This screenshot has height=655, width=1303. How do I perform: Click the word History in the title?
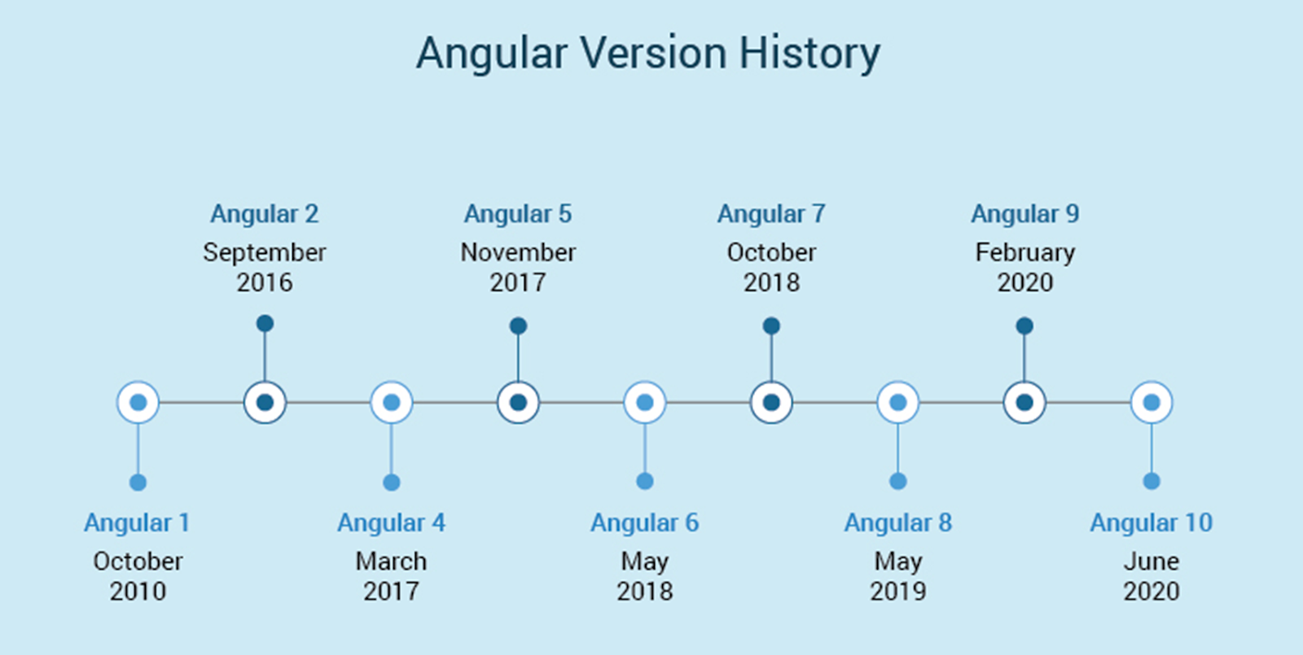pos(809,54)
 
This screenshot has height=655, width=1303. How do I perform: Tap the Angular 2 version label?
pos(265,215)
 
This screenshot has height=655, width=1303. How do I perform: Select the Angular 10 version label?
pos(1152,522)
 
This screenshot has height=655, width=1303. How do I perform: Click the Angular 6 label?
pos(644,522)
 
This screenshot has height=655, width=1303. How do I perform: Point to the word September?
pos(265,253)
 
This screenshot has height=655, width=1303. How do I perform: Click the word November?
pos(518,253)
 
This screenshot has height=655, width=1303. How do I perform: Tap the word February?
pos(1025,253)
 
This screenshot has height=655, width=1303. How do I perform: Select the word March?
pos(392,561)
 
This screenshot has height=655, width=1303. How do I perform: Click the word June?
pos(1152,561)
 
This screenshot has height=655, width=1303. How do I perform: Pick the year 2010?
pos(138,592)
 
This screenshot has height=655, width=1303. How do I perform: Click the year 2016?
pos(265,283)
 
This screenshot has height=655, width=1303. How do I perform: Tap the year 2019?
pos(898,592)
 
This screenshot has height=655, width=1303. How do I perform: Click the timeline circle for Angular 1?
pos(138,402)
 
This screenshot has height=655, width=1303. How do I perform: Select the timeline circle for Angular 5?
pos(518,402)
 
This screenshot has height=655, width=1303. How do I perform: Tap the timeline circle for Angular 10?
pos(1152,402)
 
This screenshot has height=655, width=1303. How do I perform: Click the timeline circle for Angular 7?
pos(771,402)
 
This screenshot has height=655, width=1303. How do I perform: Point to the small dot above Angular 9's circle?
pos(1025,326)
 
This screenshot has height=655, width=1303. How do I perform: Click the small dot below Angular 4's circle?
pos(392,483)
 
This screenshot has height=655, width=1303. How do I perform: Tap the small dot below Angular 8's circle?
pos(898,481)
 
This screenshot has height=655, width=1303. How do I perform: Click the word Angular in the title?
pos(492,54)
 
